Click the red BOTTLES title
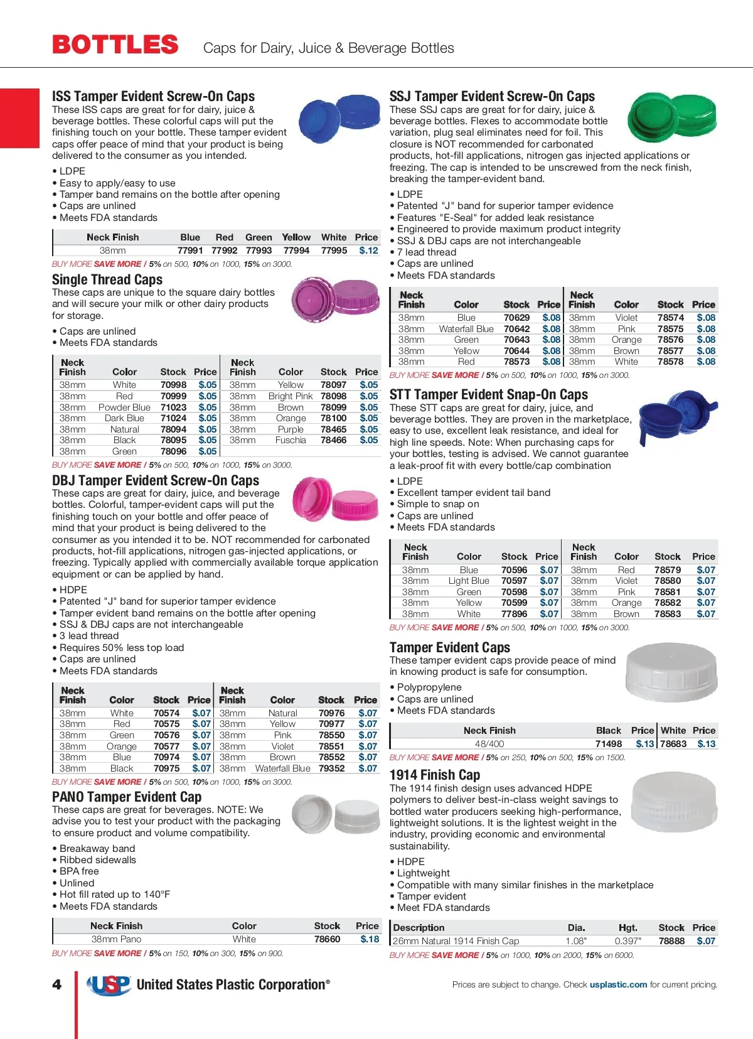(115, 45)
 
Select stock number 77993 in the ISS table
(259, 250)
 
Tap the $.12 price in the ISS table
(368, 250)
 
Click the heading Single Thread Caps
(107, 280)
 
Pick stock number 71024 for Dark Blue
(173, 418)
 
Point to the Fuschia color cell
(291, 440)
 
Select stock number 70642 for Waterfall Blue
(516, 329)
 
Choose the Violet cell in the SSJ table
(626, 318)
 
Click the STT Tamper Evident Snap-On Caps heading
(489, 395)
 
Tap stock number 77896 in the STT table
(514, 614)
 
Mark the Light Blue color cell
(469, 581)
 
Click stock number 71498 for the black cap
(608, 744)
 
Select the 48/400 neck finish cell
(489, 744)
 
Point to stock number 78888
(671, 941)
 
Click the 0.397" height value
(627, 941)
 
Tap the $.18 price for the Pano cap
(370, 939)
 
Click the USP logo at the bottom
(109, 985)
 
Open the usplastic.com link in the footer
(618, 984)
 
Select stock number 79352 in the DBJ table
(331, 768)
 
